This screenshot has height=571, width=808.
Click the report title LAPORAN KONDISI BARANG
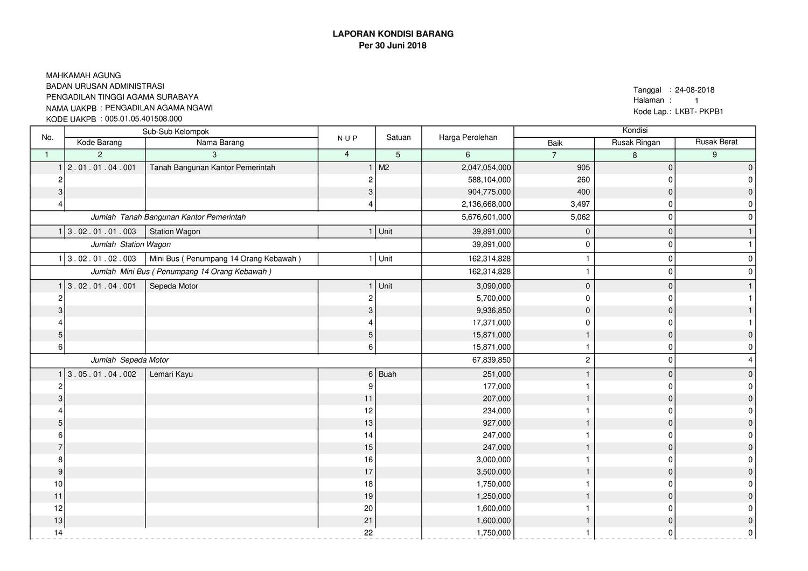[393, 34]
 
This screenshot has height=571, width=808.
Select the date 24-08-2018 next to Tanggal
[694, 90]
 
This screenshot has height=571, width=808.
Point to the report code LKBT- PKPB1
[699, 111]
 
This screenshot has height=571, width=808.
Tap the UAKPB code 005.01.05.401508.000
[143, 119]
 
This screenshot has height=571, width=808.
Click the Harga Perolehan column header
[468, 137]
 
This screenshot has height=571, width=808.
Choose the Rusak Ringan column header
[636, 143]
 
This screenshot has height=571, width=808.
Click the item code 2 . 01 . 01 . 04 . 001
[102, 167]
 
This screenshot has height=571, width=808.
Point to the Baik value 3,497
[580, 204]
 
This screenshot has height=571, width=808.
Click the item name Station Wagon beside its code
[175, 231]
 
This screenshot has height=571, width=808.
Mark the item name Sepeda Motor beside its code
[173, 286]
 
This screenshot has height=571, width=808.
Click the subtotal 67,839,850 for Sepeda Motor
[491, 360]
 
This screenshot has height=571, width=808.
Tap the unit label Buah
[387, 374]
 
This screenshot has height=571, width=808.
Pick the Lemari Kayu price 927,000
[497, 423]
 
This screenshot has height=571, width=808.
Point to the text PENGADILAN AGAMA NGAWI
[158, 108]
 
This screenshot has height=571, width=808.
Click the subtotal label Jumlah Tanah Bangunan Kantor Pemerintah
[168, 217]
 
